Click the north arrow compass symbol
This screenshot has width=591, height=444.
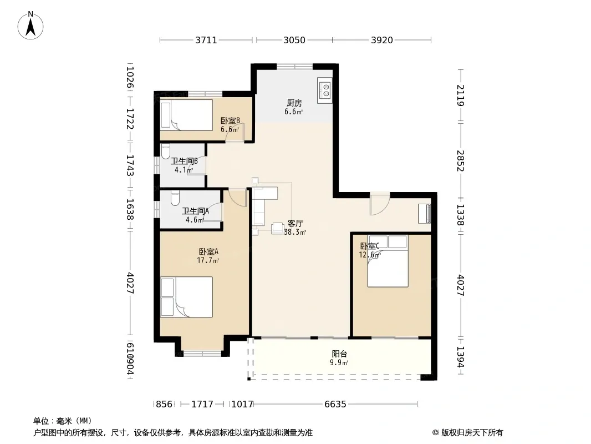click(30, 26)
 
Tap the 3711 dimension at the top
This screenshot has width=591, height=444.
click(206, 40)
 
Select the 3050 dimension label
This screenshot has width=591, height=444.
click(294, 40)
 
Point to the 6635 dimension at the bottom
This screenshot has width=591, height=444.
click(335, 405)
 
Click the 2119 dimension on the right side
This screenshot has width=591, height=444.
click(461, 95)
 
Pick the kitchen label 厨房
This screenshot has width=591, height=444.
click(294, 103)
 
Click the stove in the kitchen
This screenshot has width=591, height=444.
click(324, 90)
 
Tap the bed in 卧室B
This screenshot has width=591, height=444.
click(187, 115)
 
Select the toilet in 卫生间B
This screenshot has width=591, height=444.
click(165, 152)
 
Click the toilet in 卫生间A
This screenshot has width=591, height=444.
click(175, 199)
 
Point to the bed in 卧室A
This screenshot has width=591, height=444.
click(187, 297)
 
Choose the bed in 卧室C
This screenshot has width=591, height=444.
click(388, 261)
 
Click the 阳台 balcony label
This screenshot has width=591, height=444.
click(339, 354)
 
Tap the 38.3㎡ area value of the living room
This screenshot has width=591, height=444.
click(295, 233)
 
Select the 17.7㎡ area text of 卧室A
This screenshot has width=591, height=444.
click(208, 260)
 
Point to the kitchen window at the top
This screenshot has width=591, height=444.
click(295, 67)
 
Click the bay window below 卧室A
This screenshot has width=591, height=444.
click(202, 354)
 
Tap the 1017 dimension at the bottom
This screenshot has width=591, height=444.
click(242, 405)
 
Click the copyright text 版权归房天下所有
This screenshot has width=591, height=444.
click(472, 433)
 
